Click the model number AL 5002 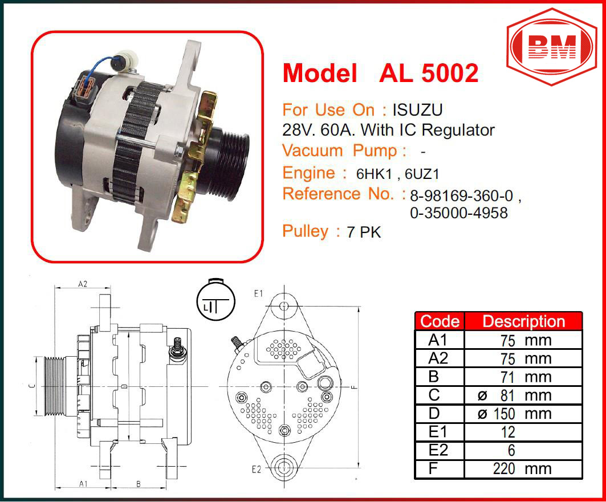pos(429,72)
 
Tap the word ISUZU pos(417,110)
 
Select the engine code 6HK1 pos(374,174)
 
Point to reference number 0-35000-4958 pos(459,213)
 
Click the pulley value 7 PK pos(364,232)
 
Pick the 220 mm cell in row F pos(523,469)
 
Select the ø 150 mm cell pos(523,414)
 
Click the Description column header pos(523,321)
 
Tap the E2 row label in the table pos(438,450)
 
